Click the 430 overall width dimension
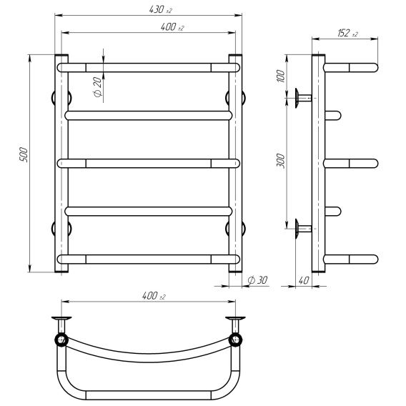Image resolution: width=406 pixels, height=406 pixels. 161,9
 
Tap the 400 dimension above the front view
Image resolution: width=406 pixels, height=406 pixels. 172,27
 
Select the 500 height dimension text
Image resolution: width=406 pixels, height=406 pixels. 24,154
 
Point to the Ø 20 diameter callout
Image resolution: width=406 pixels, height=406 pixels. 98,87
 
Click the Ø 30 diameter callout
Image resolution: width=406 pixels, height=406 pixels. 257,280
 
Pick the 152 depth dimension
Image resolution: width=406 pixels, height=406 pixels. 347,33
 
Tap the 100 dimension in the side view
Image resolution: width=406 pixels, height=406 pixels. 281,76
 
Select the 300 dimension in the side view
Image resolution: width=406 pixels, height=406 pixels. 281,161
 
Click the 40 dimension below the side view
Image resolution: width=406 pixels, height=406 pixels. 304,280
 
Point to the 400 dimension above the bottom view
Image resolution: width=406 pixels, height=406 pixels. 154,296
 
